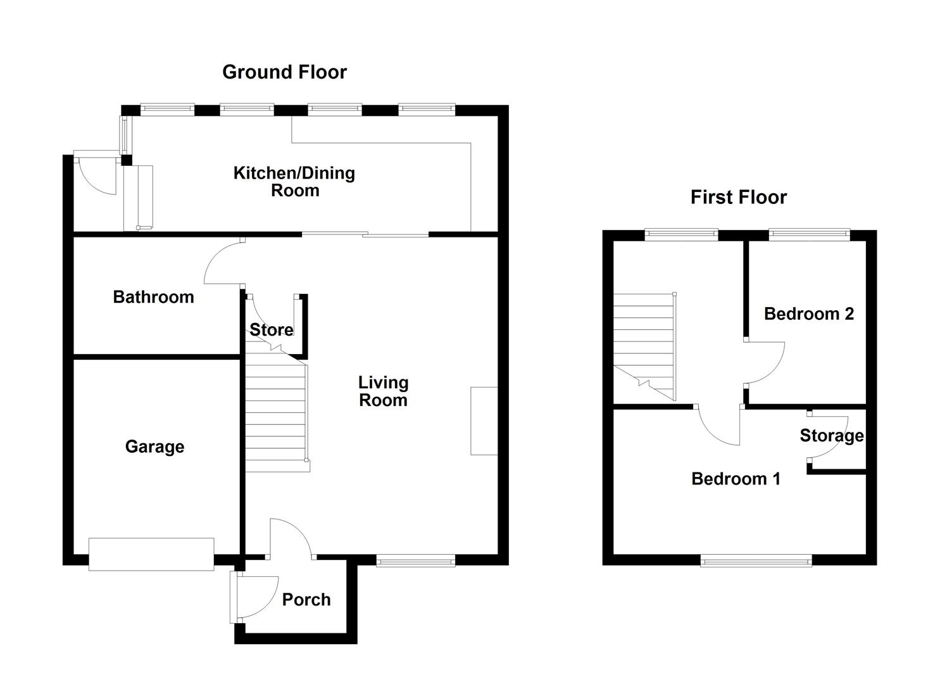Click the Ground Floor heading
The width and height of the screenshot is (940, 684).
coord(284,72)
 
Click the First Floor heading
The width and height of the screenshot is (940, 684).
coord(739,198)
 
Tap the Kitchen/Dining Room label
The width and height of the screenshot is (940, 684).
coord(294,182)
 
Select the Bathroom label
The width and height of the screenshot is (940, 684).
coord(154,297)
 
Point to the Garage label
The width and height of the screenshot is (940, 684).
coord(155,446)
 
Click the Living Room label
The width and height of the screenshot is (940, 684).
coord(383,391)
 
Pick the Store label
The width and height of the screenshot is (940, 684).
coord(272,329)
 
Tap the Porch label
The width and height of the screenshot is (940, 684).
coord(306,600)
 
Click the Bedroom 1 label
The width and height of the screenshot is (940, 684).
coord(736,479)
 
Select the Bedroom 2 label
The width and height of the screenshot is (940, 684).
coord(809,314)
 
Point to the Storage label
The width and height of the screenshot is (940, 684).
coord(832,436)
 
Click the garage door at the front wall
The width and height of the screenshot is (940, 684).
coord(151,554)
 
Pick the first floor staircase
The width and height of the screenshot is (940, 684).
coord(644,347)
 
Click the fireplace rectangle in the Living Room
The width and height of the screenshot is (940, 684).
coord(484,421)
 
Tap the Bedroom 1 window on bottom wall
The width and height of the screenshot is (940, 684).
coord(756,560)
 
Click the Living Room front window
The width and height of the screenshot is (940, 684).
coord(415,560)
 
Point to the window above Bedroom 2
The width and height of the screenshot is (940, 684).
coord(809,234)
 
